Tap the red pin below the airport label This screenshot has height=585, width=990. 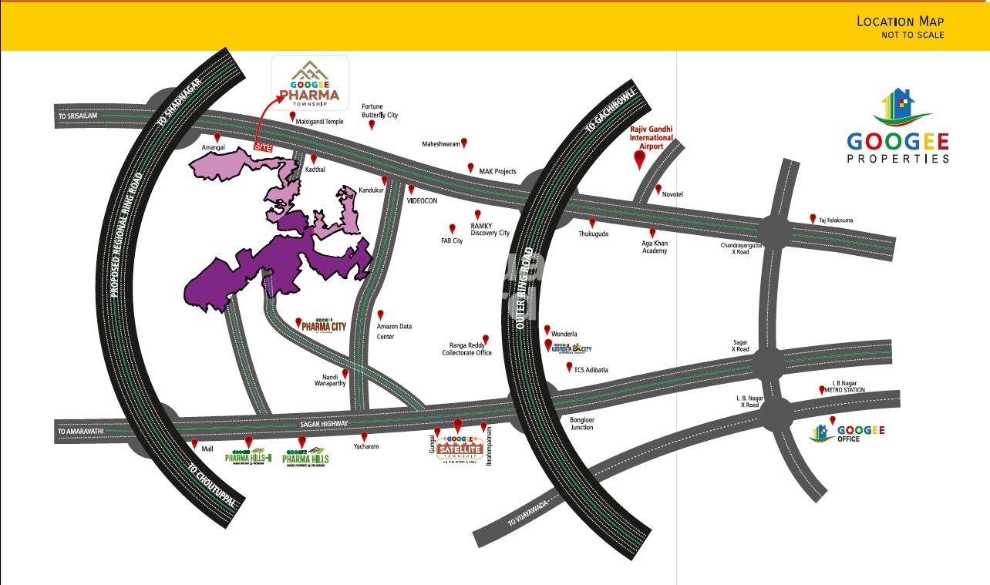pyautogui.click(x=638, y=160)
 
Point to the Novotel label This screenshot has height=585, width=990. pyautogui.click(x=672, y=194)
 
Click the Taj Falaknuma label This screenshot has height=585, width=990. pyautogui.click(x=837, y=220)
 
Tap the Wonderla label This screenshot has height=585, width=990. pyautogui.click(x=564, y=333)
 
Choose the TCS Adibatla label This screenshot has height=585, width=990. pyautogui.click(x=591, y=370)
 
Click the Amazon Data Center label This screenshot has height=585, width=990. pyautogui.click(x=394, y=331)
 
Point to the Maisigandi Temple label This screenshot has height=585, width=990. pyautogui.click(x=322, y=121)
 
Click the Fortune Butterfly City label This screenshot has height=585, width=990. pyautogui.click(x=379, y=110)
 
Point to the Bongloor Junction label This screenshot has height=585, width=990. pyautogui.click(x=581, y=423)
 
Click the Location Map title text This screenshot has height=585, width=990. pyautogui.click(x=900, y=22)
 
